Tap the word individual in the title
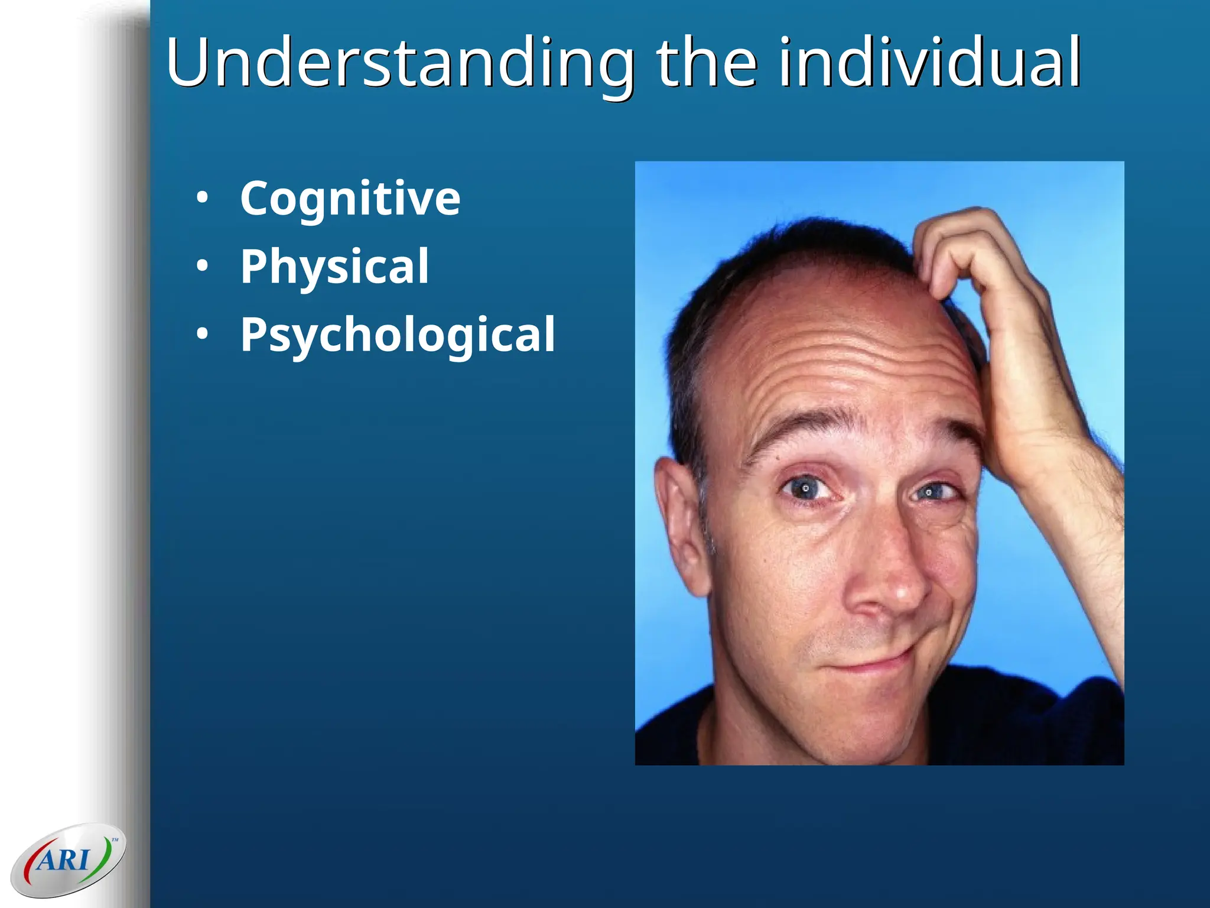929,62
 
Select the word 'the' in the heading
707,62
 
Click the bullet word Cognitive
350,199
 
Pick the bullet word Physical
334,267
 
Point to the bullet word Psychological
398,335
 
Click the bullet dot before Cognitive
203,199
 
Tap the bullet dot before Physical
203,267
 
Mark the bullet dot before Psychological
203,335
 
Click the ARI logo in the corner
68,860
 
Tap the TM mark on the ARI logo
115,839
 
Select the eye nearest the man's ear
806,488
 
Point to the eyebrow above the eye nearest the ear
804,429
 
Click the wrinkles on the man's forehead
845,367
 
